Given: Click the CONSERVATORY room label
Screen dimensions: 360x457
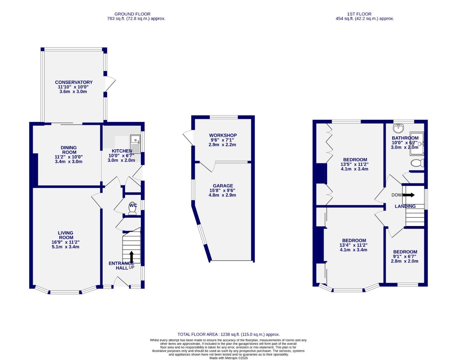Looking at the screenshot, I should pos(74,82).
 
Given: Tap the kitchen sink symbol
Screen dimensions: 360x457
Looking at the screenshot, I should pos(136,144).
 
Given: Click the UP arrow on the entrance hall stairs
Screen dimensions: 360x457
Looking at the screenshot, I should pos(131,257).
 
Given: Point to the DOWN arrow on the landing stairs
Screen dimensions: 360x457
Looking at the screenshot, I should pos(408,195).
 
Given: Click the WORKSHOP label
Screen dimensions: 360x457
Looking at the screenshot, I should pos(223,135).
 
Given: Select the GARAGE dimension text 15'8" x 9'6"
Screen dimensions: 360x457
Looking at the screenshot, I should pos(223,190).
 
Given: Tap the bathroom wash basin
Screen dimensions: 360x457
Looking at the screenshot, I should pos(398,128).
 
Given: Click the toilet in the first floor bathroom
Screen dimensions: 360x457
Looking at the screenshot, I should pos(417,163).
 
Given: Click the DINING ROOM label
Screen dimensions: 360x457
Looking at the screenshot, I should pos(69,150).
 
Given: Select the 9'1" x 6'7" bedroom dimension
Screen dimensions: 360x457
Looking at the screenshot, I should pos(405,257).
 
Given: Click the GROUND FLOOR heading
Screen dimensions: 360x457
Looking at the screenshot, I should pos(132,14).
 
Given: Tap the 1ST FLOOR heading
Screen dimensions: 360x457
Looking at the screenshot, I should pos(359,14).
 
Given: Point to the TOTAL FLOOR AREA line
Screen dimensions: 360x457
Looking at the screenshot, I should pos(228,334).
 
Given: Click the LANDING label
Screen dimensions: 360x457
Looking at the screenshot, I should pos(405,206).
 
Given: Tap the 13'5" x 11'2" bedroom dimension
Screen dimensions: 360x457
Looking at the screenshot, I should pos(354,164).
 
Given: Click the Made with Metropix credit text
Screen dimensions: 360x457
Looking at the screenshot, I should pos(228,358).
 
